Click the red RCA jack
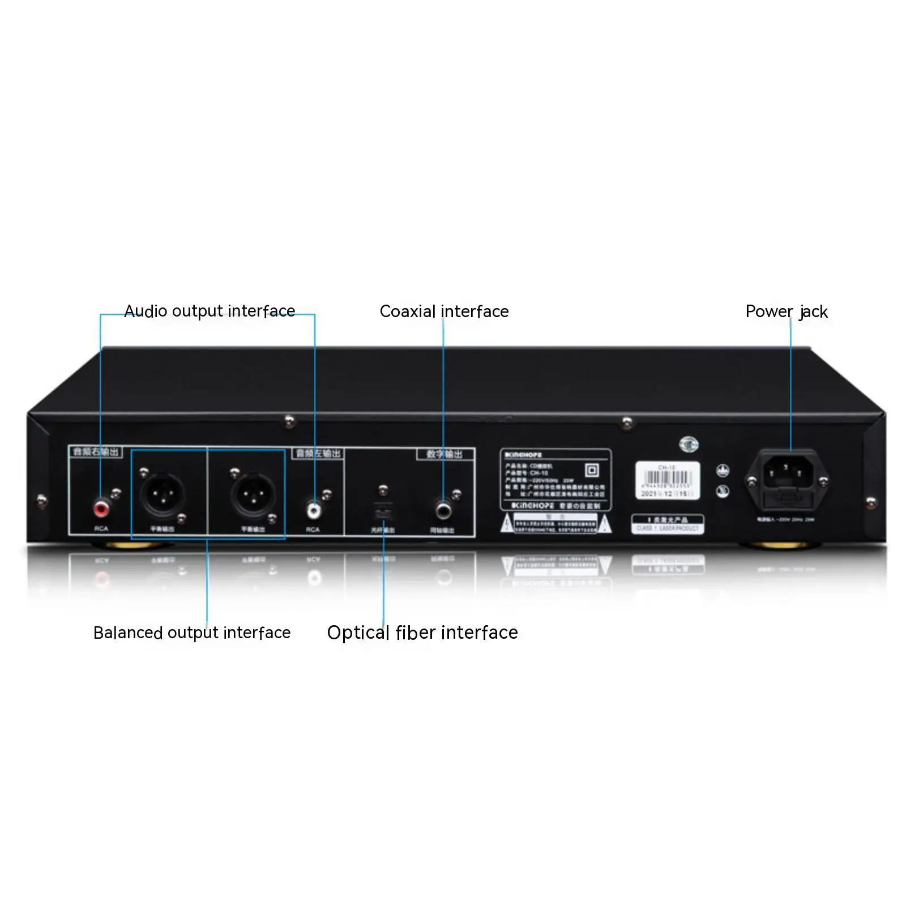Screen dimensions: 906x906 (101, 508)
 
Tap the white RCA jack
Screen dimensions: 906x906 (313, 510)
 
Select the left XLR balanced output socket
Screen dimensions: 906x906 (163, 494)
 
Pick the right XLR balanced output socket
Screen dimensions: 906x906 (253, 494)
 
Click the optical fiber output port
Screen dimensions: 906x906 (383, 511)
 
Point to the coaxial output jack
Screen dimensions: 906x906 (443, 510)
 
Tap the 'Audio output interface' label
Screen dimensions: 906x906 (210, 311)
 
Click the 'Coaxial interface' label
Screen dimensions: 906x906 (444, 311)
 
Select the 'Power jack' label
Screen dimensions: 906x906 (787, 311)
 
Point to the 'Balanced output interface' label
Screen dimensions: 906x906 (192, 633)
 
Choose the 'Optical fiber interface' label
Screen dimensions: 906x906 (422, 633)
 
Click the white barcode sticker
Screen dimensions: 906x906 (668, 480)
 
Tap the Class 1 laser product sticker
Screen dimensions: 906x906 (668, 524)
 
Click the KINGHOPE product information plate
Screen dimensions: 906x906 (555, 480)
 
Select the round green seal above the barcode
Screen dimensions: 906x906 (689, 445)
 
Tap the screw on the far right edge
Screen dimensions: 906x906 (871, 502)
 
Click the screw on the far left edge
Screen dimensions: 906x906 (41, 501)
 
